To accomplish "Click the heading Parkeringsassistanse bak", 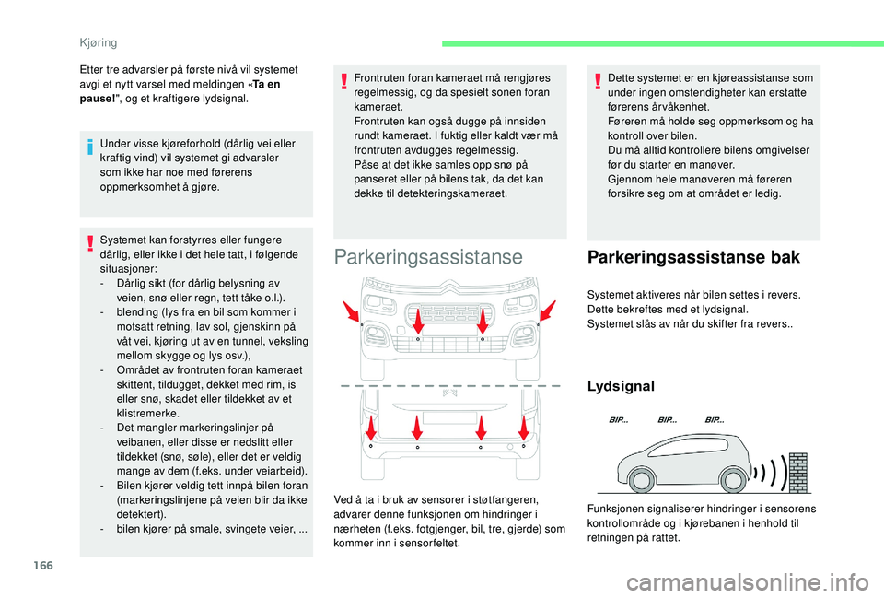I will (x=692, y=257).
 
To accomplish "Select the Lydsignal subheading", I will (x=622, y=386).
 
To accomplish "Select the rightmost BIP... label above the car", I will (x=715, y=419).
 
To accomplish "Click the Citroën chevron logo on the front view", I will (x=450, y=297).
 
